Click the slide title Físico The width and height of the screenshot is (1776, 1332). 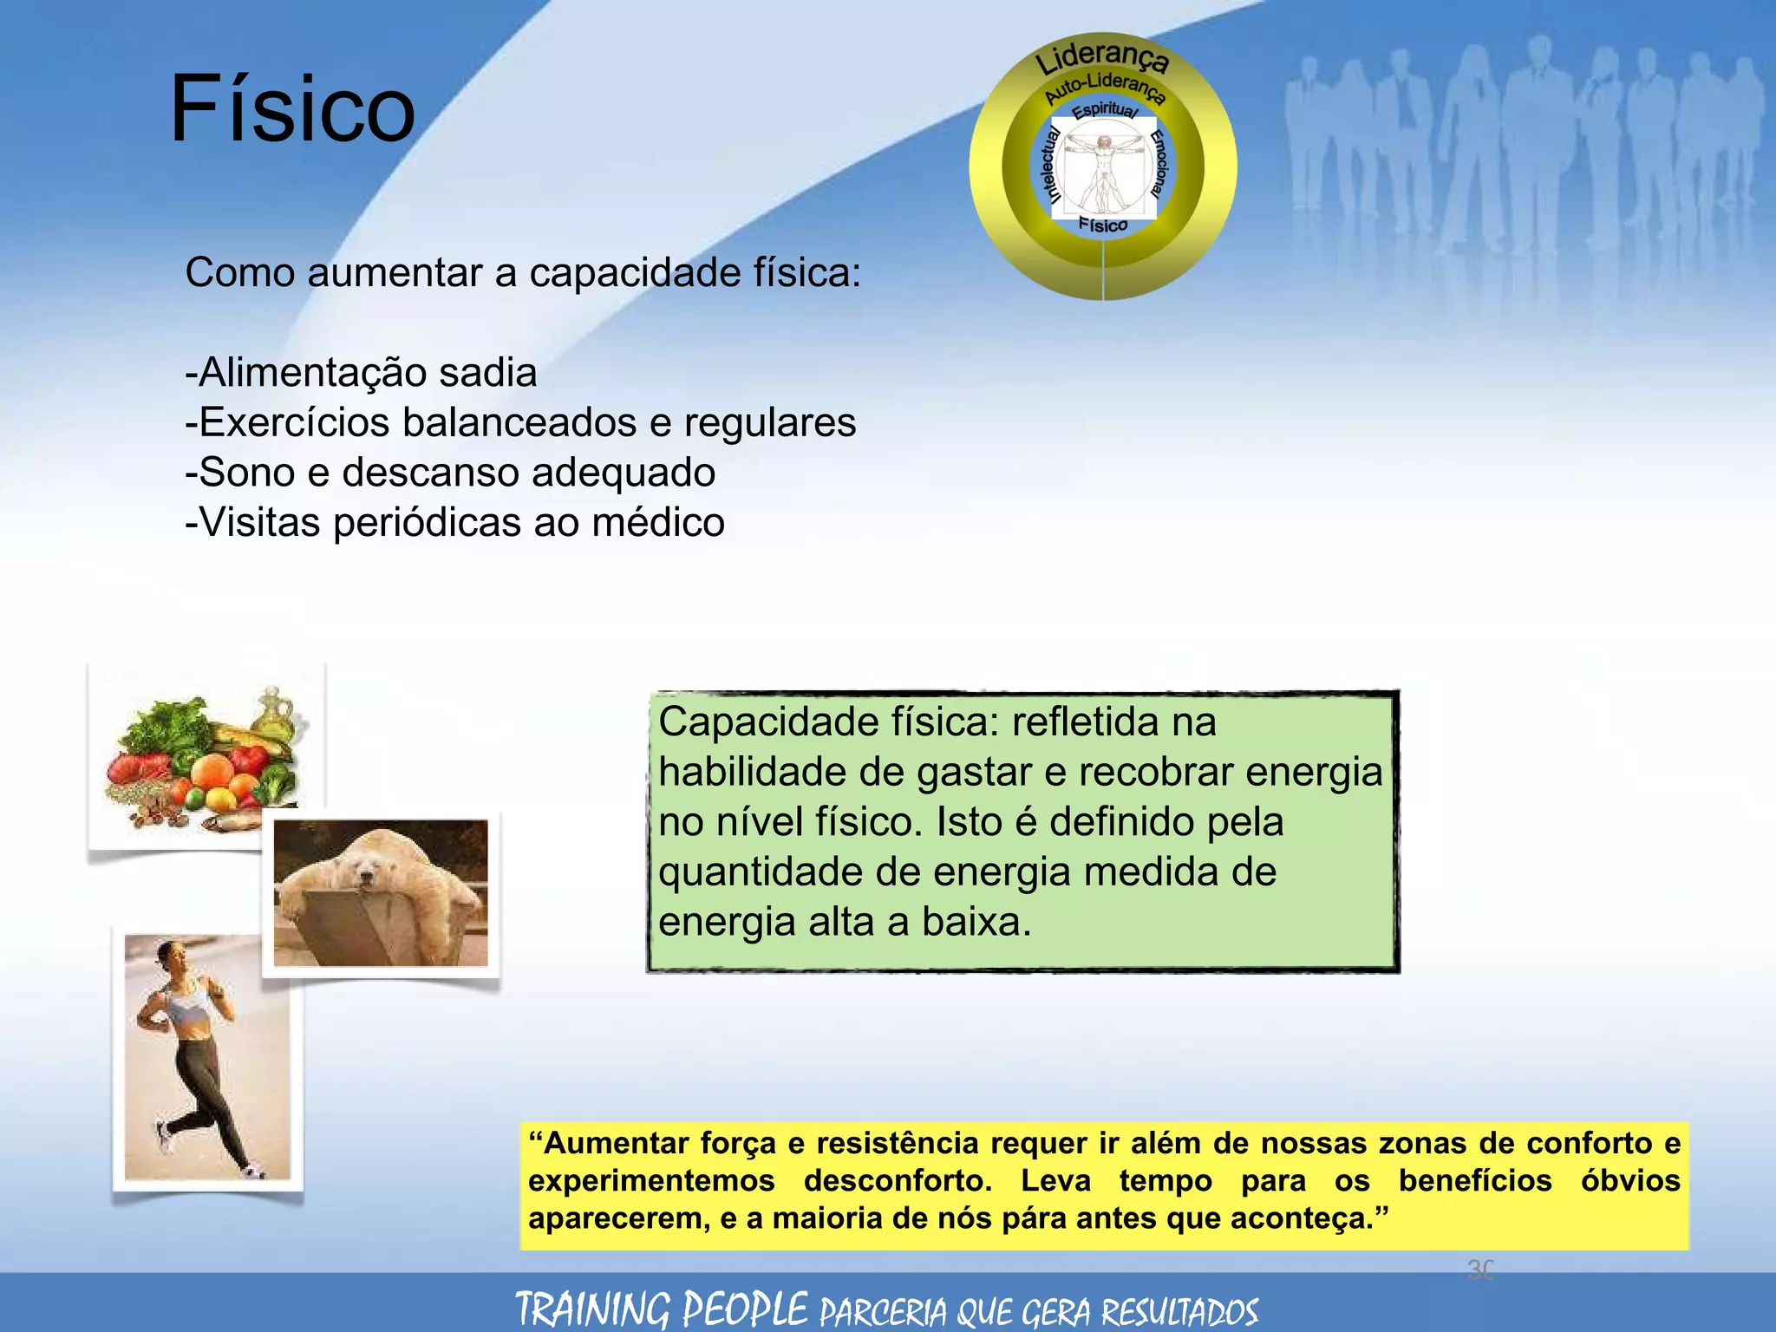click(293, 109)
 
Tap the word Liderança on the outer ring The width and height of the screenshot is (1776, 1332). click(1102, 57)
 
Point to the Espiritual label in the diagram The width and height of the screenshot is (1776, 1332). click(1105, 110)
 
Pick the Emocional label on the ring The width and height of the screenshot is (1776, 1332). click(1159, 163)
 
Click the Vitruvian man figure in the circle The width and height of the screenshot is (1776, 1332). click(1104, 169)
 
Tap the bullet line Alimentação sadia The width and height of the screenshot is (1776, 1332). click(362, 373)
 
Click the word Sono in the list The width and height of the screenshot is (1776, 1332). click(247, 473)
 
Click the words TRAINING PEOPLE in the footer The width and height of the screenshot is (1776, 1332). click(662, 1309)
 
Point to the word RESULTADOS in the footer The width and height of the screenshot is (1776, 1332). click(1179, 1311)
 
